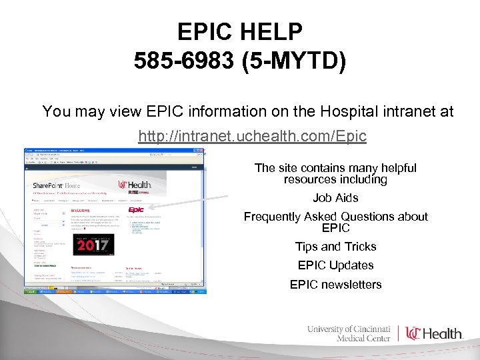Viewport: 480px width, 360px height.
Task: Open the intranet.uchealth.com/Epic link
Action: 252,137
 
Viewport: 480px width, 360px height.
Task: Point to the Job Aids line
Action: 335,198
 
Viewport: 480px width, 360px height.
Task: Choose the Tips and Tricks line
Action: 335,247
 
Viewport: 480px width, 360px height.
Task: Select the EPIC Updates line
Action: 335,265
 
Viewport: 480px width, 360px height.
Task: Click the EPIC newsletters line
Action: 335,285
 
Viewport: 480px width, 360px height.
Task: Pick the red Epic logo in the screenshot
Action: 136,211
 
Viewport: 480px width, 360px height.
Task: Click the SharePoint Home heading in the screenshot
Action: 57,185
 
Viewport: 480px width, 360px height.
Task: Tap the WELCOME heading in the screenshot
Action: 79,211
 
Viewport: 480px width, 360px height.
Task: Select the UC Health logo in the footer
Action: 434,333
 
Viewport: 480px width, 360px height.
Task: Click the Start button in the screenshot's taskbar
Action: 31,291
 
